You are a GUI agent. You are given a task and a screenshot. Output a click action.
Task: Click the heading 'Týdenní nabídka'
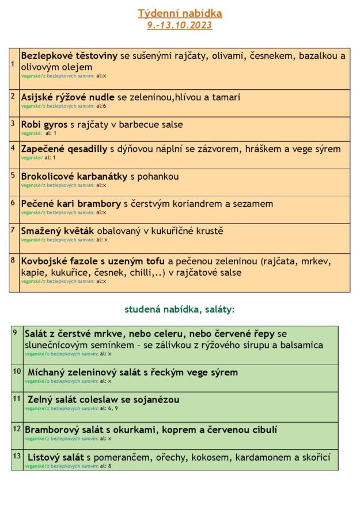tap(180, 13)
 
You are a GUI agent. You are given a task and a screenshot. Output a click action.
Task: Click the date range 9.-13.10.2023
tap(180, 25)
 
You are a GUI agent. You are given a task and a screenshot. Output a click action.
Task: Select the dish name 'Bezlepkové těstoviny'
tap(69, 56)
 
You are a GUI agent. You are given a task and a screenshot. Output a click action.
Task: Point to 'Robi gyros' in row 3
tap(44, 124)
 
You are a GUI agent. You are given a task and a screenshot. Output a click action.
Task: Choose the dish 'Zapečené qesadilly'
tap(64, 149)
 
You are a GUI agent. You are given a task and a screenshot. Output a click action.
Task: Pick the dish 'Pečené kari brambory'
tap(71, 203)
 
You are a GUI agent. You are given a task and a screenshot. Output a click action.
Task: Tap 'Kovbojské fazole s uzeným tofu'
tap(93, 261)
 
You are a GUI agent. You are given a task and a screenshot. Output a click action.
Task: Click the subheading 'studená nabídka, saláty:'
tap(180, 309)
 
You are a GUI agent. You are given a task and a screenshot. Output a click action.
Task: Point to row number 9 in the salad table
tap(15, 332)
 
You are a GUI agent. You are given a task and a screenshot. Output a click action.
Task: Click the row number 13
tap(17, 455)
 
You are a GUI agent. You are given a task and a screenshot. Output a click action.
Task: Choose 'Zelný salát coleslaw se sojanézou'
tap(103, 400)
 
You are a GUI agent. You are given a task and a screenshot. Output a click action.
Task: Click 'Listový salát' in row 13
tap(55, 457)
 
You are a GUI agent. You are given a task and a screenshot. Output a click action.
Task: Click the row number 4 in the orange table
tap(13, 147)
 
